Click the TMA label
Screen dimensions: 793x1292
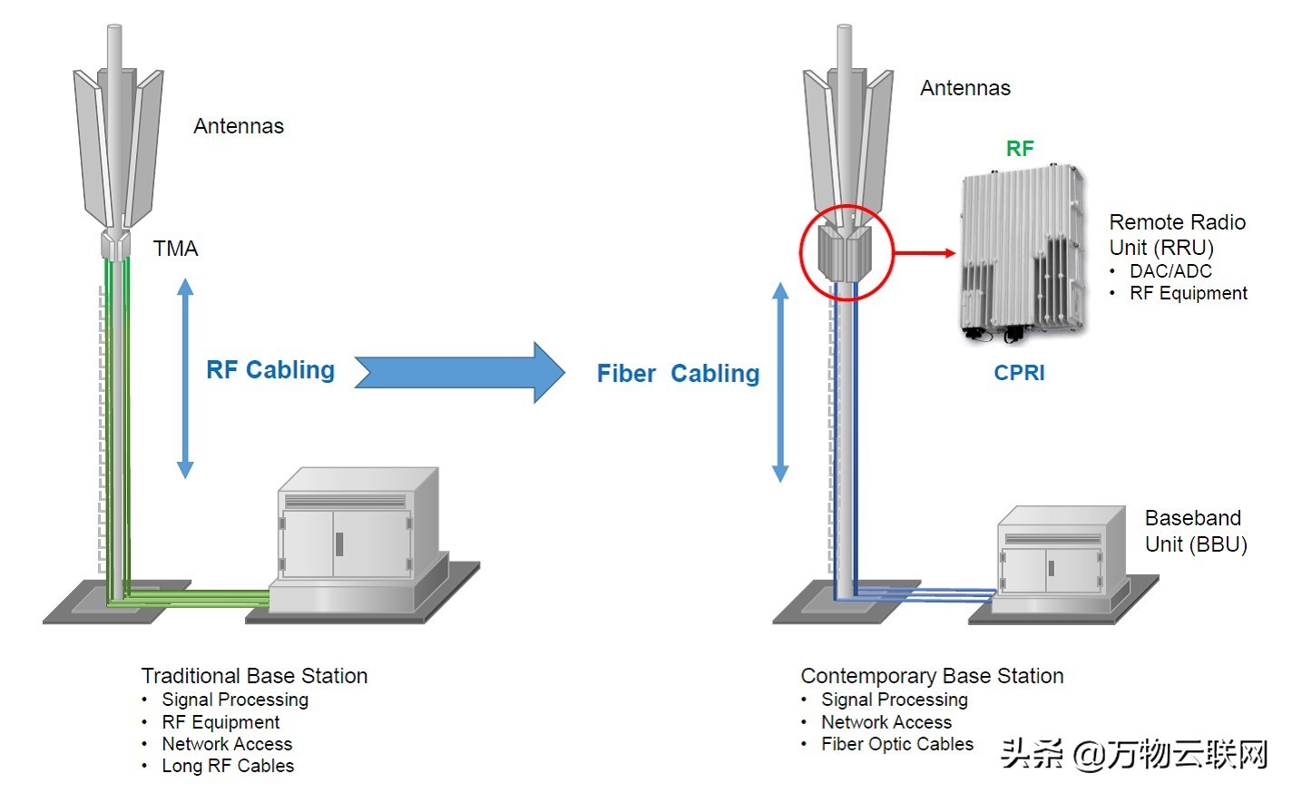[175, 249]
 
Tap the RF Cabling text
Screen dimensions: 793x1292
[270, 370]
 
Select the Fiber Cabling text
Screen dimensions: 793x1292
[678, 374]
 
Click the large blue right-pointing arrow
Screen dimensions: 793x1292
[459, 372]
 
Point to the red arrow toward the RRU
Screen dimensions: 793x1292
[925, 253]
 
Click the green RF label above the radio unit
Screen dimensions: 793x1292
[1020, 149]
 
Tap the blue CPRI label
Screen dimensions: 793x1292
[1019, 373]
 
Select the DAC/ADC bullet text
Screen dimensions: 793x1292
[1170, 271]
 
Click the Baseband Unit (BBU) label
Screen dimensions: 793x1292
[1195, 531]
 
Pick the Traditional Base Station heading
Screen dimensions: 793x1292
[254, 676]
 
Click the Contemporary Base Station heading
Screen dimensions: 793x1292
[932, 676]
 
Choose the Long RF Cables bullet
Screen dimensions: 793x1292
[228, 766]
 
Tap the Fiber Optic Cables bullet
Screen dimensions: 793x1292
[896, 744]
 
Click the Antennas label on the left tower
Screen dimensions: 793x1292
[239, 126]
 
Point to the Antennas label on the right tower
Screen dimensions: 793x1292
[965, 88]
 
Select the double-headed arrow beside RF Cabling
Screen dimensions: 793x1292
[185, 377]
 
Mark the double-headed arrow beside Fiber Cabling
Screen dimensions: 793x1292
[780, 381]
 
